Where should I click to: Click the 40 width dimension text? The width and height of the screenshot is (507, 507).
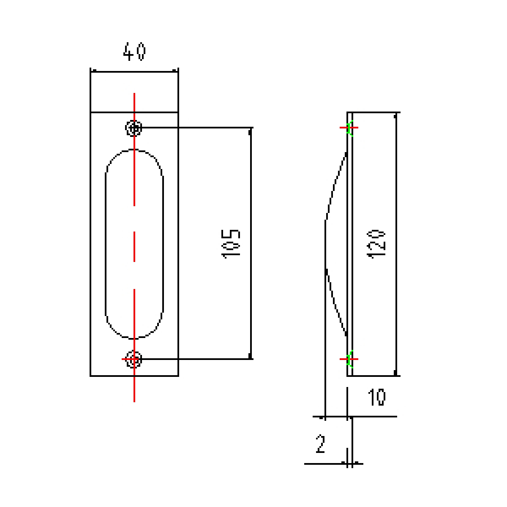pos(134,52)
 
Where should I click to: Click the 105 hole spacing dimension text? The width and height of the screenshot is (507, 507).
pos(231,243)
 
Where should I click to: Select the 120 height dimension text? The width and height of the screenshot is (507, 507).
pos(376,244)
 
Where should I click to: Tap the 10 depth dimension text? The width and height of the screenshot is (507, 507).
pos(376,398)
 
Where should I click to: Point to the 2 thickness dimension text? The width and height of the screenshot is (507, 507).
pos(321,444)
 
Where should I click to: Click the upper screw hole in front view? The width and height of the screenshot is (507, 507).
pos(134,128)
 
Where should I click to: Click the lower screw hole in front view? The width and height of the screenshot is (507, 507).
pos(134,359)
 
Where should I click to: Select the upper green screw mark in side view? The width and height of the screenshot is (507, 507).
pos(349,128)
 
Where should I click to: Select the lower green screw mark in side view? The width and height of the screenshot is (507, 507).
pos(349,359)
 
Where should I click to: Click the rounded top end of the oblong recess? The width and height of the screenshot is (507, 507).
pos(134,150)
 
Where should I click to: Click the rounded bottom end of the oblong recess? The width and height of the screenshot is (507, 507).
pos(134,338)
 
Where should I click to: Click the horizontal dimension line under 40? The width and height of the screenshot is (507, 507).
pos(134,71)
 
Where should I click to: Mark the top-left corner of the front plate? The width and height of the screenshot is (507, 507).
pos(91,112)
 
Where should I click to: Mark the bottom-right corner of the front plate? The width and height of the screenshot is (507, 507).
pos(178,375)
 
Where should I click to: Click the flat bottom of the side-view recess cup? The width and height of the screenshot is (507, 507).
pos(325,244)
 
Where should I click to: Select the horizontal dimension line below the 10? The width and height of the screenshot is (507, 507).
pos(372,417)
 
